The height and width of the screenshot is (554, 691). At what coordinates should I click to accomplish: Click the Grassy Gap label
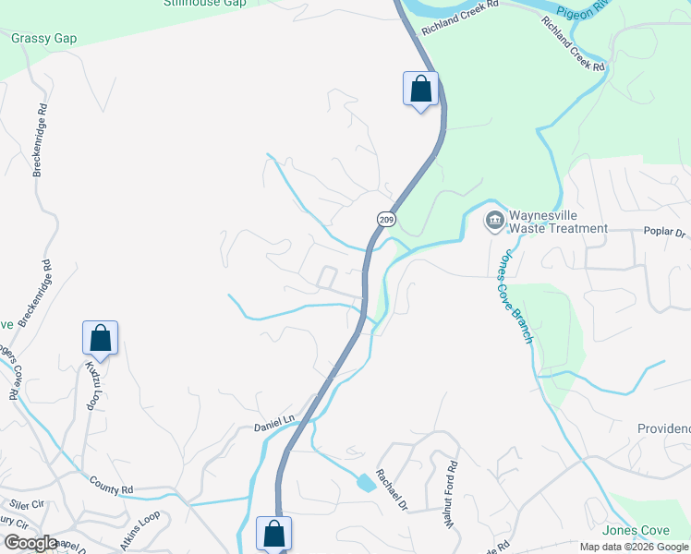tap(44, 39)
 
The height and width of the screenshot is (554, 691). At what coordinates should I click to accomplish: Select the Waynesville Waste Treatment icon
tap(494, 220)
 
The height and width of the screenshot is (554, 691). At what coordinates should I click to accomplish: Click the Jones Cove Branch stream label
tap(515, 298)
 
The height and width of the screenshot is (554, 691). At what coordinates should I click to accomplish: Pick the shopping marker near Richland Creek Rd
tap(420, 90)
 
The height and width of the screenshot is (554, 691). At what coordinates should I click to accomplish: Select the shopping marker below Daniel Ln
tap(273, 534)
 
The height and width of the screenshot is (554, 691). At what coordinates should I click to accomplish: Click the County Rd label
tap(112, 484)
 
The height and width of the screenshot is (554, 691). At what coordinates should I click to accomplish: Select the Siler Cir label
tap(27, 505)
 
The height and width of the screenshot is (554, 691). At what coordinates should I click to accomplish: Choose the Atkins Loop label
tap(138, 526)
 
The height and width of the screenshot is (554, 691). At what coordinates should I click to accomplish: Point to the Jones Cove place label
tap(636, 531)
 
